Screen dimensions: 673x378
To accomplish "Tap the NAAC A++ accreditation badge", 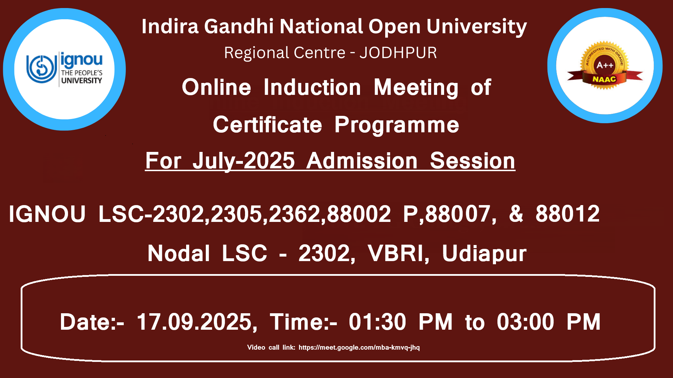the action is [605, 66].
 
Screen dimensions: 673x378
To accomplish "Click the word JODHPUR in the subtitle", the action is [398, 53].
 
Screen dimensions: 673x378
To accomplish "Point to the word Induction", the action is [312, 87].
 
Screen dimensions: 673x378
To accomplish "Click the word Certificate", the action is [267, 125].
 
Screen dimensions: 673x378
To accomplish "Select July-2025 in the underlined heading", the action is [244, 161].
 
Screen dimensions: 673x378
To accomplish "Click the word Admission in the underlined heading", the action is [362, 161].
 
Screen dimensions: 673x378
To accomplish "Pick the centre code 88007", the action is [457, 214].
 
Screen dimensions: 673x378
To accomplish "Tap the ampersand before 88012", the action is [516, 214].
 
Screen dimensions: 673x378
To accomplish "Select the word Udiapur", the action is [484, 254].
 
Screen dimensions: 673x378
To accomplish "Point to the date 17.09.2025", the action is [195, 322].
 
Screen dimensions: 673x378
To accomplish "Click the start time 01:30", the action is [378, 322].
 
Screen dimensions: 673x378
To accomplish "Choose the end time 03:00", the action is [525, 322].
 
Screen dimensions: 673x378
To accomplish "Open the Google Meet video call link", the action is [359, 348].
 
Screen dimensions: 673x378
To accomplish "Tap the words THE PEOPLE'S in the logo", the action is [82, 73].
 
